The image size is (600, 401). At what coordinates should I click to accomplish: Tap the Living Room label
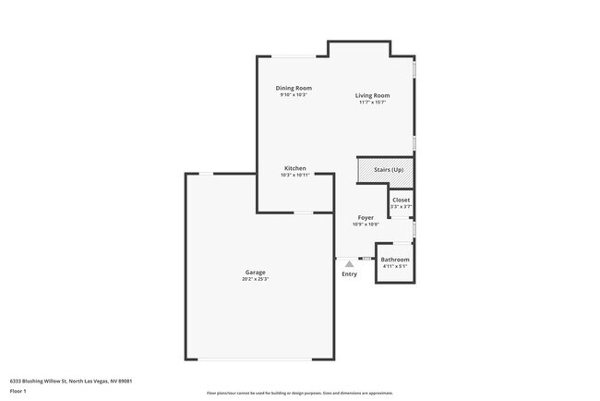[x=373, y=95]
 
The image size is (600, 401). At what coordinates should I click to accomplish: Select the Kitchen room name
[x=294, y=168]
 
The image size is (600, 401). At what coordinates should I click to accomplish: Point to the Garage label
[x=256, y=272]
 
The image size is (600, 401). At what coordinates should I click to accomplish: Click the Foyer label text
[x=366, y=218]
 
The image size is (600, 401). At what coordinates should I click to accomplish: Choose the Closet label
[x=402, y=200]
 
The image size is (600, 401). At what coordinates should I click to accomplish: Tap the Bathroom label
[x=395, y=260]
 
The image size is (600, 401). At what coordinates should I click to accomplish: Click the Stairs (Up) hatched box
[x=384, y=171]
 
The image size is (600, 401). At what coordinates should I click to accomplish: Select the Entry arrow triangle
[x=349, y=264]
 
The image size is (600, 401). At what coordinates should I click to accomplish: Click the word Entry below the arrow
[x=349, y=274]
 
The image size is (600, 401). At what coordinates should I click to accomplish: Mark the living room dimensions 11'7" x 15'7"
[x=373, y=102]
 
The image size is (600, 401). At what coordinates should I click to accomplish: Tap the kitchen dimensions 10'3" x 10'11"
[x=294, y=175]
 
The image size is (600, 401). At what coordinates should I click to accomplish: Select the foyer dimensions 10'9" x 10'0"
[x=366, y=225]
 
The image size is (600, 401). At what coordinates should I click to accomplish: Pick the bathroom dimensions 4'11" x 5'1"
[x=395, y=266]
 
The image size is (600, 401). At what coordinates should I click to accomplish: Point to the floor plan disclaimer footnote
[x=299, y=394]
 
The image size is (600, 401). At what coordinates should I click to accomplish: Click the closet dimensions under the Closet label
[x=402, y=206]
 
